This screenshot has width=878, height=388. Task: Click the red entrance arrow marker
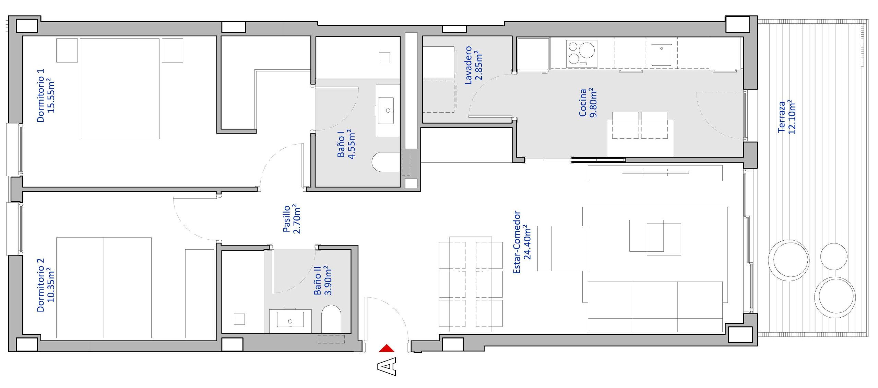[387, 348]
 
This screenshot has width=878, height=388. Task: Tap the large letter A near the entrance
[387, 366]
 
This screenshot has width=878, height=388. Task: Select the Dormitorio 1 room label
[46, 95]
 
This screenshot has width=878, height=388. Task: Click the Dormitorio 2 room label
[46, 285]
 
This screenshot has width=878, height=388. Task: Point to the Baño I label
[346, 144]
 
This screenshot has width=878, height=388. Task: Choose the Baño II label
[323, 280]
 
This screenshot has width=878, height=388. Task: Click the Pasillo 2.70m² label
[292, 219]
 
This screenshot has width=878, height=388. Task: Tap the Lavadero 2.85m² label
[473, 65]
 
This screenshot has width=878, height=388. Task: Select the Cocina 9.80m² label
[588, 103]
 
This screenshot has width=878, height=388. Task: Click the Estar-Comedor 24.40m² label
[522, 242]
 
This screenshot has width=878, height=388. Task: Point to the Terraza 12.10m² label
[786, 117]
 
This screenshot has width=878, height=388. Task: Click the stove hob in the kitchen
[582, 54]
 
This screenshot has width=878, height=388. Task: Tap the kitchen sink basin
[662, 55]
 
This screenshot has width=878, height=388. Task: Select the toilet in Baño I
[386, 162]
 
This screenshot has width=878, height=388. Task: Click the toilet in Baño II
[331, 319]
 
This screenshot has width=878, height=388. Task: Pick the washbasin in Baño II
[290, 319]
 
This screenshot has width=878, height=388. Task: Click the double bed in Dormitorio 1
[120, 89]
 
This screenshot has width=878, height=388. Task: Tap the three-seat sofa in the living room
[655, 307]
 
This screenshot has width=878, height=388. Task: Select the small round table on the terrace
[834, 256]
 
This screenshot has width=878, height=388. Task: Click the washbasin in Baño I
[386, 110]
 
